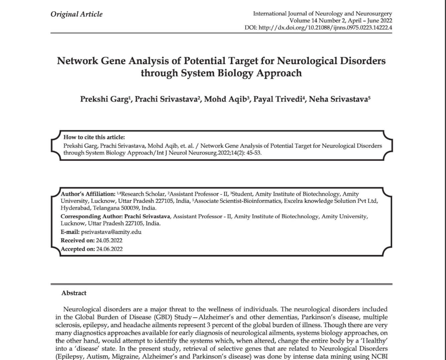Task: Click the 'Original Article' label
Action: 76,14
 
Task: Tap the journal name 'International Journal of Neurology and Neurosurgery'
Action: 322,14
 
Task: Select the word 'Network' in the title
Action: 77,61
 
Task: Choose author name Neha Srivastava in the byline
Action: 338,99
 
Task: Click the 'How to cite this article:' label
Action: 94,137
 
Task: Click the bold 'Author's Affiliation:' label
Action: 88,194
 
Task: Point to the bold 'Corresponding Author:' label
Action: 91,217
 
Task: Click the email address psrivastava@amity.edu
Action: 111,232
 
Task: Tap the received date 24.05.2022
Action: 109,241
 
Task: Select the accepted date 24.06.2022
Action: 109,249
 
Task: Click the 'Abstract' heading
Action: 74,293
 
